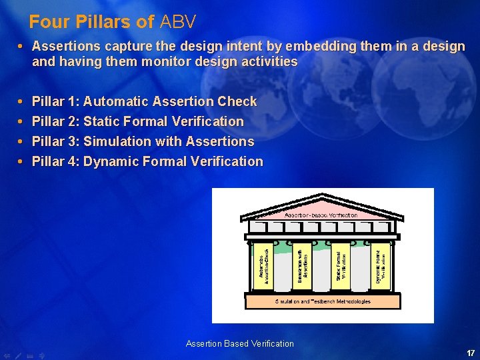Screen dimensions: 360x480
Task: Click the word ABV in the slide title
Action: pos(178,22)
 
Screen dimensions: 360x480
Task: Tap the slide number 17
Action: pos(471,353)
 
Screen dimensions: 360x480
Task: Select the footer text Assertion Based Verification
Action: pos(239,344)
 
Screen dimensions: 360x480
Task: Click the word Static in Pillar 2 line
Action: pos(102,122)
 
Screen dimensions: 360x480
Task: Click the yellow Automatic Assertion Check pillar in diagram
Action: pos(264,265)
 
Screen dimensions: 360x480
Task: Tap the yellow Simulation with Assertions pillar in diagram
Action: pos(302,265)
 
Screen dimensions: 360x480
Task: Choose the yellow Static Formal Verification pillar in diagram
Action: pos(341,265)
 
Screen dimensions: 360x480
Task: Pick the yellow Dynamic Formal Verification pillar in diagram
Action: pos(379,265)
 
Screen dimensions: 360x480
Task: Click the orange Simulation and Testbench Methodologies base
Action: pos(323,301)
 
